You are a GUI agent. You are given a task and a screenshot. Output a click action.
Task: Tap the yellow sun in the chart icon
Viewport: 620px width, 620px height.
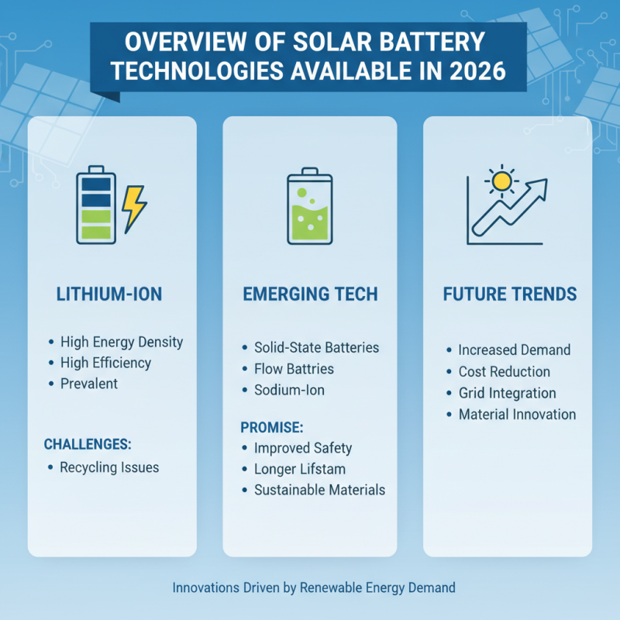pos(502,181)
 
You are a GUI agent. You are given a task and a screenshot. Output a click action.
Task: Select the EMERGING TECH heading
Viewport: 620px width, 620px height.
pos(309,294)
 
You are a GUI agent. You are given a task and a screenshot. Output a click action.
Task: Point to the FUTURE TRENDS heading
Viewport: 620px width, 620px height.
pos(509,294)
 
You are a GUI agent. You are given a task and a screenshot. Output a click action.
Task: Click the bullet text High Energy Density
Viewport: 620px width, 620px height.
pos(121,341)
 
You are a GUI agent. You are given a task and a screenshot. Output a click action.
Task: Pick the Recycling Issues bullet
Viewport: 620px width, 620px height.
pos(108,467)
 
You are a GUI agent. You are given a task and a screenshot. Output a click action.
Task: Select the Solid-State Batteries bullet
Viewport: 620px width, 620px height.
pos(316,347)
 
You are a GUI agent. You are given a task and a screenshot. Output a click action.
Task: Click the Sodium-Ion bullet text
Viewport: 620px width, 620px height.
pos(289,390)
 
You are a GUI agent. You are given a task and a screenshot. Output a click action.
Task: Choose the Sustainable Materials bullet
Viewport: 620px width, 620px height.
pos(319,490)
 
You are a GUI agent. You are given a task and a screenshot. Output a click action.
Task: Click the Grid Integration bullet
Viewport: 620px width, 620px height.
pos(507,393)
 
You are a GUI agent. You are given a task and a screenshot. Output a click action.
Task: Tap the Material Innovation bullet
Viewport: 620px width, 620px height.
pos(517,414)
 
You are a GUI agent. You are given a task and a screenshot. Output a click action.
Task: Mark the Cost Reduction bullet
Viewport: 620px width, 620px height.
pos(504,372)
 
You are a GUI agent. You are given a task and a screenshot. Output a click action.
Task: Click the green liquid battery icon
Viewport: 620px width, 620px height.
pos(309,202)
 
